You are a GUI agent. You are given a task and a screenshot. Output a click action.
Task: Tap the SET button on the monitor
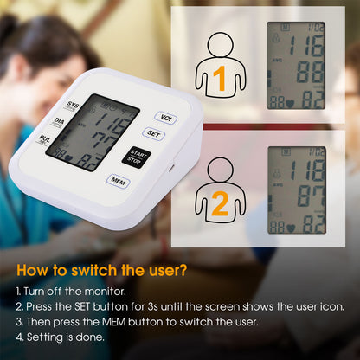[154, 134]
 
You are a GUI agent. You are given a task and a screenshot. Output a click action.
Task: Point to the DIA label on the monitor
[58, 122]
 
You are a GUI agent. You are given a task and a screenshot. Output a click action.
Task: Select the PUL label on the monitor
[45, 138]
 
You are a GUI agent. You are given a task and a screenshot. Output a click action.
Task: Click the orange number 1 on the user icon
[219, 80]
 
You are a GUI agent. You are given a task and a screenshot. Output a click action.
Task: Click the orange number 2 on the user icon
[219, 204]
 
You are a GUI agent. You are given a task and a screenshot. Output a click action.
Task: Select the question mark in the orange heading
[182, 270]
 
